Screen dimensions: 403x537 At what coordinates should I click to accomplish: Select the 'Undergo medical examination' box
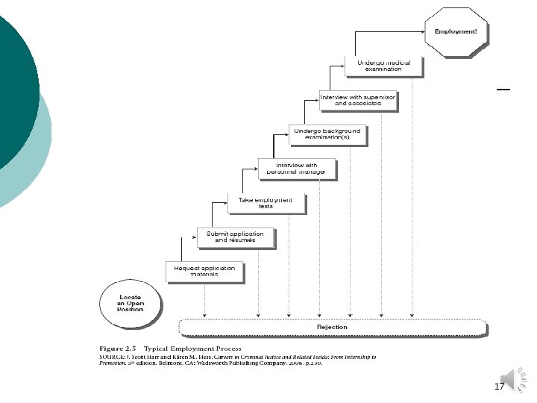383,66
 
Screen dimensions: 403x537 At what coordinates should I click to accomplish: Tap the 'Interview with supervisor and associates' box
357,100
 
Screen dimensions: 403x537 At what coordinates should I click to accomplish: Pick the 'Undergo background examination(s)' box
327,134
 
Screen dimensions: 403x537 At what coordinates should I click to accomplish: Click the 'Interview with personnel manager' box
296,169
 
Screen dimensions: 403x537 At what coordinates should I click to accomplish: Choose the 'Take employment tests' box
266,202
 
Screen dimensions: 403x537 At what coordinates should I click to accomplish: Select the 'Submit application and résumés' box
235,237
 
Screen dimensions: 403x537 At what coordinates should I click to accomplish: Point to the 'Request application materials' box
204,271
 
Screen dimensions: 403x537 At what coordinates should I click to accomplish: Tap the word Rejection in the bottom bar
332,327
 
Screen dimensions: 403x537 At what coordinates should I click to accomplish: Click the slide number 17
499,387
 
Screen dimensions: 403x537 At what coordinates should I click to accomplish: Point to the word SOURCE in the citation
113,358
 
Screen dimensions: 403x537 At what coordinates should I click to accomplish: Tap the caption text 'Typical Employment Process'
193,349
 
